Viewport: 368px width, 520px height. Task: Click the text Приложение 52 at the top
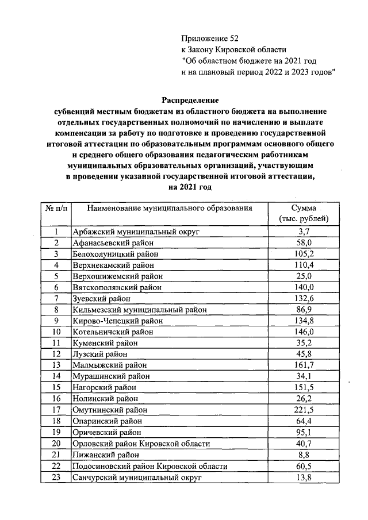209,38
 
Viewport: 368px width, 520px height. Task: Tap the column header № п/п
56,208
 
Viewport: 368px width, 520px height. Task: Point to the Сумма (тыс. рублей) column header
303,213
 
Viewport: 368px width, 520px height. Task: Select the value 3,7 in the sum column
304,232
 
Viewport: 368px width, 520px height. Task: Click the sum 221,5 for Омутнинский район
304,410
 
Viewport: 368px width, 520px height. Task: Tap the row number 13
56,365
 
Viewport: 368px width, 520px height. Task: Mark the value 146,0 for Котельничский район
304,332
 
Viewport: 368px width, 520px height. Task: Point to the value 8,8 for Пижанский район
304,454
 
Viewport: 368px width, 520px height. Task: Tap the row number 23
56,477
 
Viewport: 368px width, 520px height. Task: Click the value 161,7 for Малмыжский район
304,365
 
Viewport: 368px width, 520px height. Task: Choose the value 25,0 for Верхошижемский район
304,276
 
